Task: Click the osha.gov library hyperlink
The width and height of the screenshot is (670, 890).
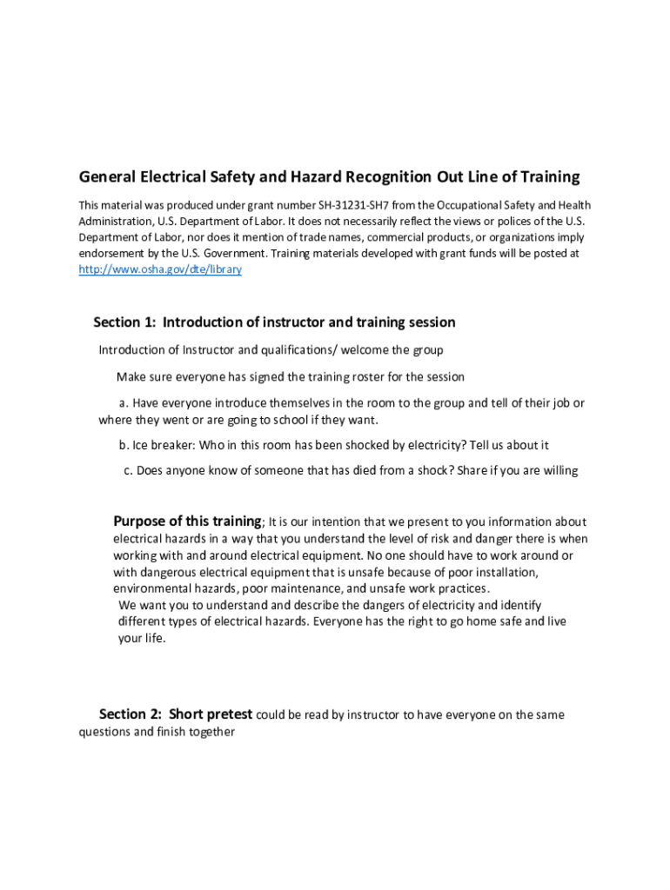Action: point(160,269)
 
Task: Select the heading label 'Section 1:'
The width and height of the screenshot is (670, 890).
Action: point(124,322)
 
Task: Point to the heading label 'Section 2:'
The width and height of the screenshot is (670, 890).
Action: point(130,714)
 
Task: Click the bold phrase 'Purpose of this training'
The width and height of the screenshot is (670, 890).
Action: point(187,521)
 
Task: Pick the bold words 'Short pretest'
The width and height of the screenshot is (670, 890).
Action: point(211,714)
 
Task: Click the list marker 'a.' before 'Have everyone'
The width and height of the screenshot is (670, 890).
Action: point(124,403)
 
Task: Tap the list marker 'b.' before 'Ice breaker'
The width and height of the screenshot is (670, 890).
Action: point(124,445)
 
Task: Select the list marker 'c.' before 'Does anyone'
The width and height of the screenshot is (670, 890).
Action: point(128,471)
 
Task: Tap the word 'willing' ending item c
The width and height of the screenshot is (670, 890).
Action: point(557,471)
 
